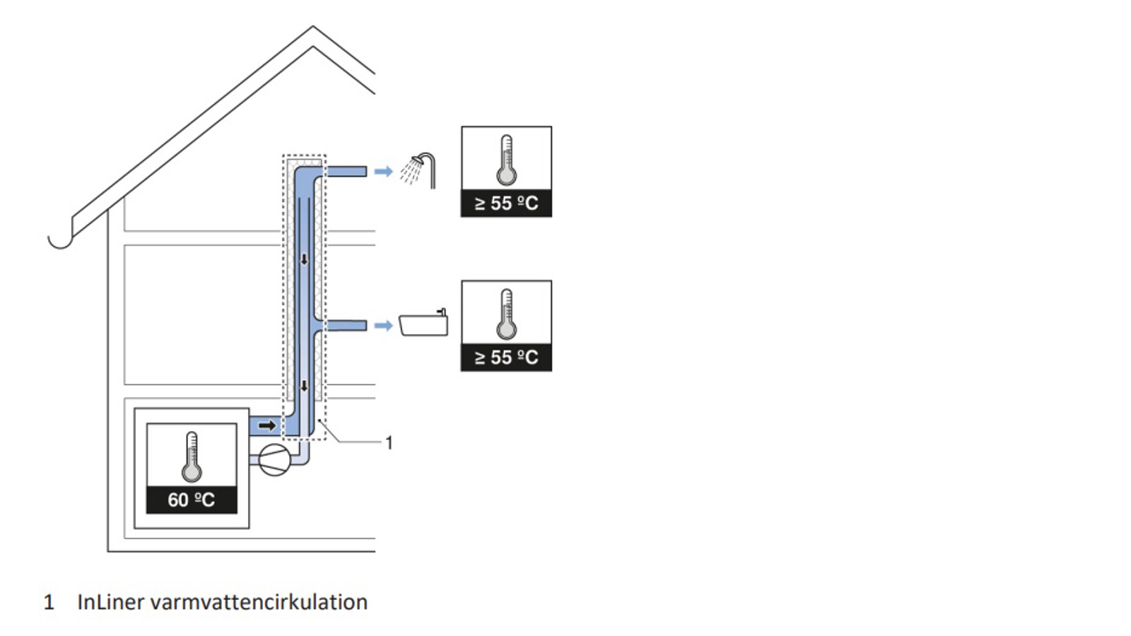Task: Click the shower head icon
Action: (418, 170)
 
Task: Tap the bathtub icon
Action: (423, 324)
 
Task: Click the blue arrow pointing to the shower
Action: (383, 171)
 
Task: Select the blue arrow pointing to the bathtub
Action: (383, 325)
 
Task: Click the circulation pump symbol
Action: (274, 460)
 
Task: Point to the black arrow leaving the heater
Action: (267, 425)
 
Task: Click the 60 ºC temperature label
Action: (192, 500)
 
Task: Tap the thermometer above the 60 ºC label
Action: (192, 457)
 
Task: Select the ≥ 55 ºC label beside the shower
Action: (506, 204)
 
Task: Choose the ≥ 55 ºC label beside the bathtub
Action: (506, 358)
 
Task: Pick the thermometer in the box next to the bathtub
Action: (506, 314)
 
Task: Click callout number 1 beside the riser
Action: (388, 443)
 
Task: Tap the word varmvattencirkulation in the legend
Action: (259, 602)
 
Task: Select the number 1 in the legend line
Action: (49, 602)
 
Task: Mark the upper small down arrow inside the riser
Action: (305, 259)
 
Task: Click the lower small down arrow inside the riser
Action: (305, 386)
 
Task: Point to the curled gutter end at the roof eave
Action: (60, 240)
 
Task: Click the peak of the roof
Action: (313, 28)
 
